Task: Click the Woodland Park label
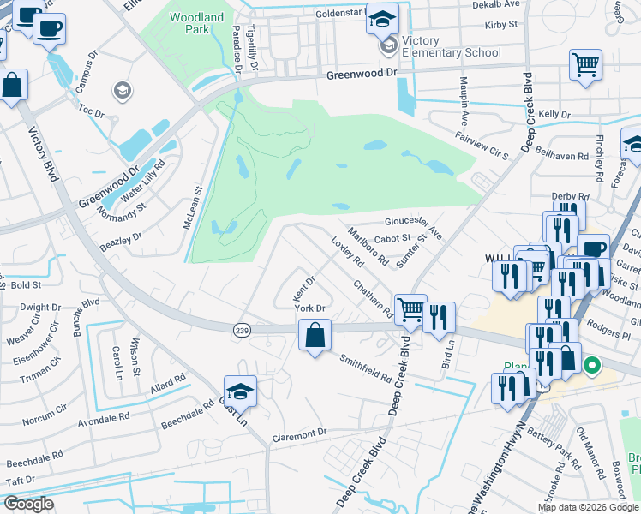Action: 196,24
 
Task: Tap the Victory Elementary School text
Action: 451,47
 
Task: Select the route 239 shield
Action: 240,329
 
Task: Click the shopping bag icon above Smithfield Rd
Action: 315,335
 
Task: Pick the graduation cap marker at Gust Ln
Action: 241,391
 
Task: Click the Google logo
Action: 27,504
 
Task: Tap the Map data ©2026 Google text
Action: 588,507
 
